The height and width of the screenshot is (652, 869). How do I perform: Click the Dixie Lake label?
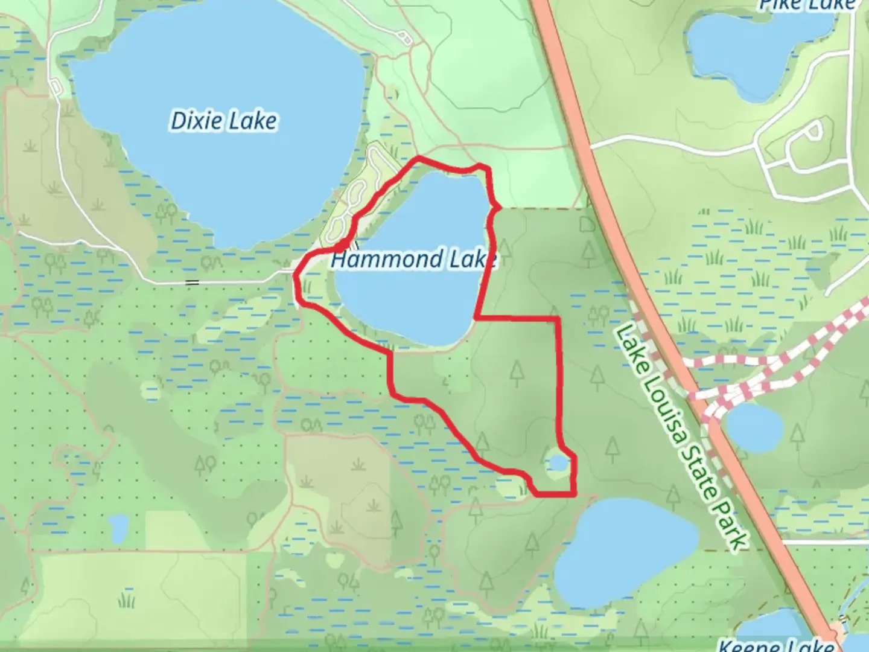(224, 121)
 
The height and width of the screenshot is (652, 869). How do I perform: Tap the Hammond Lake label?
(413, 260)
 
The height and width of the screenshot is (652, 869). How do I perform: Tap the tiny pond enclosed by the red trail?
(558, 463)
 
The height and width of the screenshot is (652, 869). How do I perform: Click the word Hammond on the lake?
(386, 260)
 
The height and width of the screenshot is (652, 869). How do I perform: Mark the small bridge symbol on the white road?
(192, 282)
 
